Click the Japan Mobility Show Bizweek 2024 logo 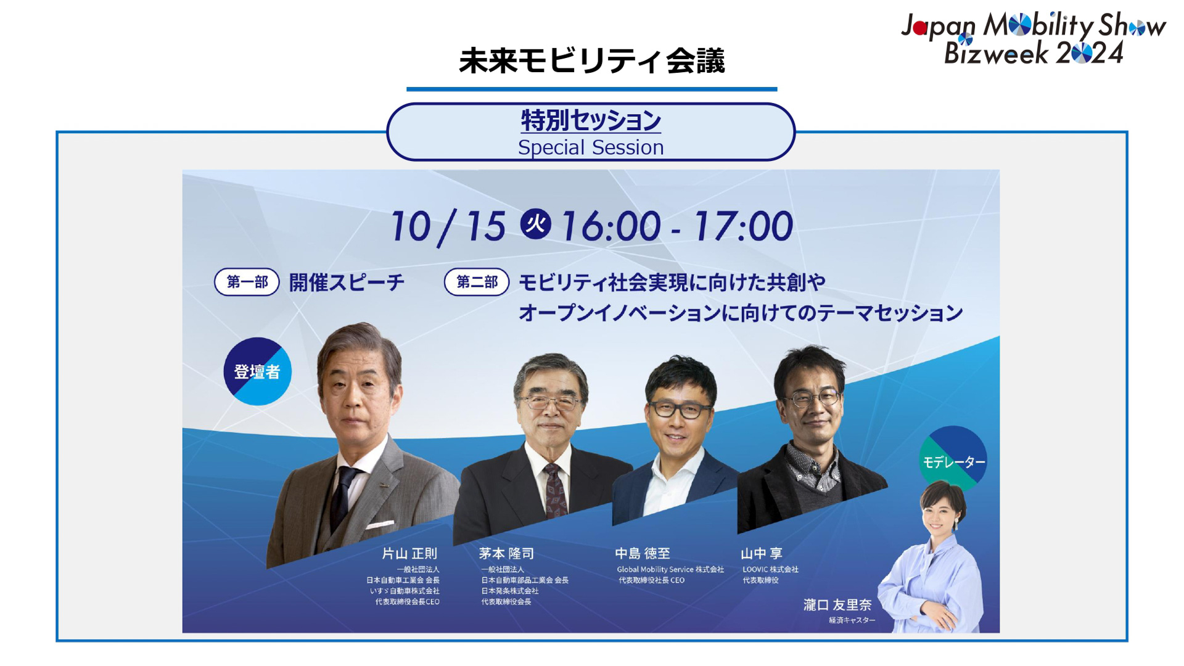point(1033,38)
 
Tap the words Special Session point(591,148)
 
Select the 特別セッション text point(591,120)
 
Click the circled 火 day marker point(535,224)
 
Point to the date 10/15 point(448,226)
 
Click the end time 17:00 point(743,226)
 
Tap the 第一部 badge point(247,282)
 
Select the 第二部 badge point(477,282)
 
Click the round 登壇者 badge point(257,371)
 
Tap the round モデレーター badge point(953,460)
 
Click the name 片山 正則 point(409,554)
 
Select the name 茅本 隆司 point(506,554)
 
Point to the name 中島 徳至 point(643,554)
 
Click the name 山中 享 point(762,554)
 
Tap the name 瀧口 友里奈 point(837,605)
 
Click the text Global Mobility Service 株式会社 point(670,570)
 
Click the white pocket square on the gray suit point(380,525)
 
